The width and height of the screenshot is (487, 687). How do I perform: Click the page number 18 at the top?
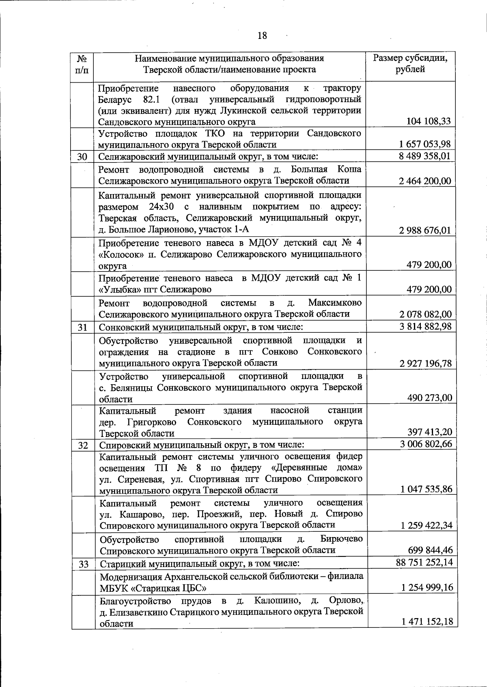tap(262, 36)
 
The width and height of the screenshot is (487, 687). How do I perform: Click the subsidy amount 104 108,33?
tap(428, 121)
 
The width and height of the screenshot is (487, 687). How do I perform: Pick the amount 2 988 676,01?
tap(425, 230)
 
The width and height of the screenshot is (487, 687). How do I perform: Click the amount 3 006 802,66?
tap(426, 444)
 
